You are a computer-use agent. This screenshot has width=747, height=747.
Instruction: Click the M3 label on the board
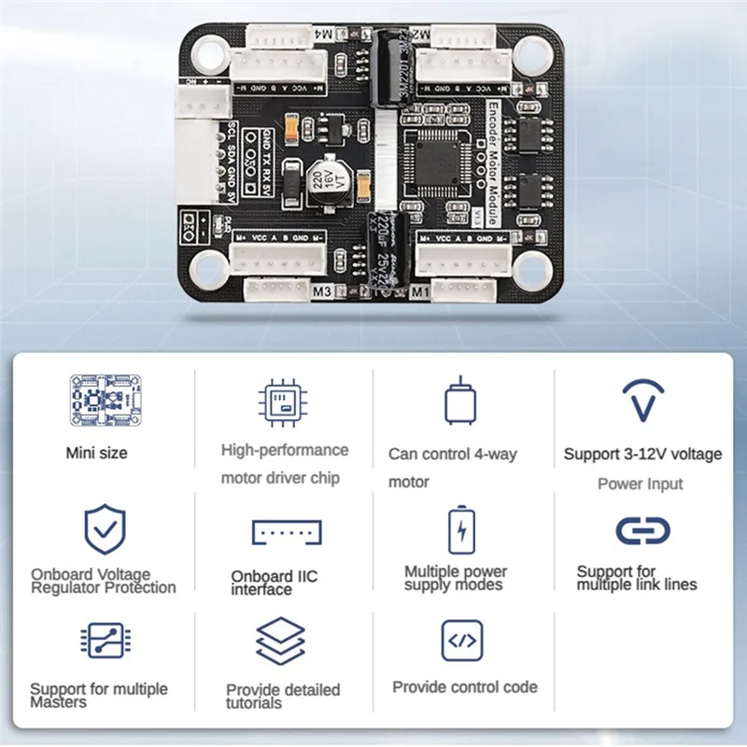pyautogui.click(x=322, y=291)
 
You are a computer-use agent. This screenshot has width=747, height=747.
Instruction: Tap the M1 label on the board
pyautogui.click(x=419, y=291)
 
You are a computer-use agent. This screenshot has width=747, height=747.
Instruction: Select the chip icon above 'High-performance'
pyautogui.click(x=284, y=402)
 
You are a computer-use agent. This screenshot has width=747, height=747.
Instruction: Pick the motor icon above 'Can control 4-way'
pyautogui.click(x=459, y=402)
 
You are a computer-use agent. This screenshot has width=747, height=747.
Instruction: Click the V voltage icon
pyautogui.click(x=642, y=401)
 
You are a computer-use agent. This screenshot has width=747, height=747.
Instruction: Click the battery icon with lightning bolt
pyautogui.click(x=461, y=530)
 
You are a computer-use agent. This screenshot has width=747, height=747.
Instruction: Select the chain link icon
pyautogui.click(x=642, y=530)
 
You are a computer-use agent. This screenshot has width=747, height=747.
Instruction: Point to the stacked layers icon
pyautogui.click(x=281, y=641)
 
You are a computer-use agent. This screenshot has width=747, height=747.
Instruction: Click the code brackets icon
pyautogui.click(x=462, y=641)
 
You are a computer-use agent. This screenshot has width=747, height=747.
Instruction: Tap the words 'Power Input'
pyautogui.click(x=641, y=484)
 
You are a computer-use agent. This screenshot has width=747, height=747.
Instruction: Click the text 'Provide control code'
pyautogui.click(x=465, y=687)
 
